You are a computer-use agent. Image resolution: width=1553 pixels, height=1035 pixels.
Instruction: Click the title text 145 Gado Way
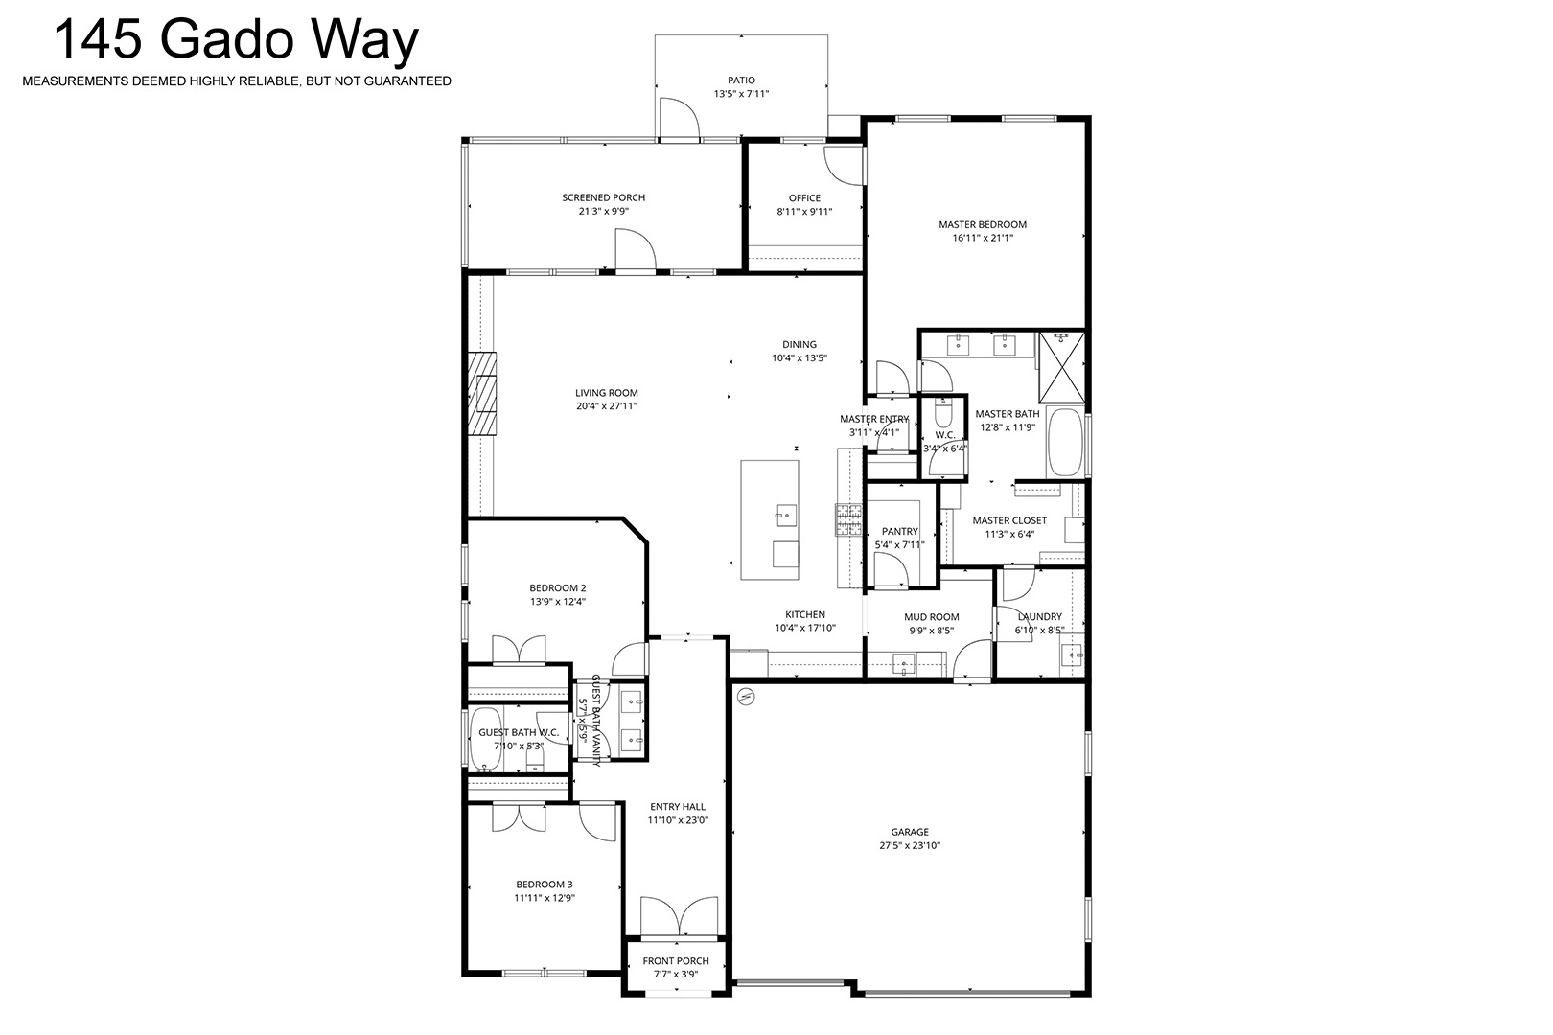(x=237, y=40)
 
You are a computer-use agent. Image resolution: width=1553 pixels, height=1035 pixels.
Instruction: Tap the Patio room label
(x=741, y=80)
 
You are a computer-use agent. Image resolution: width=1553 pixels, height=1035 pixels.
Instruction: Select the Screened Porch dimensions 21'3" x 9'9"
(x=604, y=212)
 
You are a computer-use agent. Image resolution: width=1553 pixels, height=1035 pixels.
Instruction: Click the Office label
(x=804, y=198)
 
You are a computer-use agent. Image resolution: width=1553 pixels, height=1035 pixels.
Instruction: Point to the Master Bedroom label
(x=983, y=224)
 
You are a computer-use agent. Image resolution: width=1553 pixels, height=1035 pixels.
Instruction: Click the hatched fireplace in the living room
(x=482, y=393)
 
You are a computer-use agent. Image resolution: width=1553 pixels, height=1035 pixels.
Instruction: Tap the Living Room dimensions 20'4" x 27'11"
(x=607, y=406)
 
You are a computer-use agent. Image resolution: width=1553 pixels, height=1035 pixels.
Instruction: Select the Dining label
(x=800, y=345)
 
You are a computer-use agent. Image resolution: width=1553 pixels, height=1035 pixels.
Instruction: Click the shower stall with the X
(x=1061, y=367)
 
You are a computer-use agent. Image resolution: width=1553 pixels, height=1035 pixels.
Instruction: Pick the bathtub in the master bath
(x=1065, y=443)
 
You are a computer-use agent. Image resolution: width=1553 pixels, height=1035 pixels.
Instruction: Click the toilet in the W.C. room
(x=943, y=413)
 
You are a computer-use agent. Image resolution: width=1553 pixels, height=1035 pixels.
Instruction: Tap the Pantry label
(x=900, y=532)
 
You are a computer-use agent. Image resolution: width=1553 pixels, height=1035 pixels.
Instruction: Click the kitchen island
(x=770, y=520)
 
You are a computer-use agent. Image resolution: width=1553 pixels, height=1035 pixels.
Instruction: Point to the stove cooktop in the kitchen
(x=848, y=520)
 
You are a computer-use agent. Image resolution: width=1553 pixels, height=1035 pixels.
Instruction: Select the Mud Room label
(x=932, y=617)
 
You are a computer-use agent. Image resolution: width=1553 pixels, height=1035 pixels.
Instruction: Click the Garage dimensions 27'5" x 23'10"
(x=911, y=846)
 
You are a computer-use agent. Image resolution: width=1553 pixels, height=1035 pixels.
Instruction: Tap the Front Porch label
(x=676, y=961)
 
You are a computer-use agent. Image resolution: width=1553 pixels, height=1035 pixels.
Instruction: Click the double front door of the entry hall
(x=680, y=916)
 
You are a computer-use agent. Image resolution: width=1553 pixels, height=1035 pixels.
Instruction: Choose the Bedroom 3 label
(x=545, y=885)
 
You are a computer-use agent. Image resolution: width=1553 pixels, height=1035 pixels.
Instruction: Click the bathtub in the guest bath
(x=486, y=740)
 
